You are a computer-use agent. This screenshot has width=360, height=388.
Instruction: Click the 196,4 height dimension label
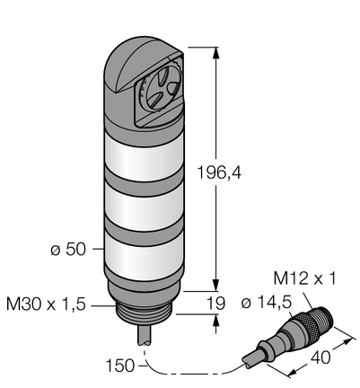click(x=219, y=172)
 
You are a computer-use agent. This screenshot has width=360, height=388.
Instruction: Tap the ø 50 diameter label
click(x=68, y=249)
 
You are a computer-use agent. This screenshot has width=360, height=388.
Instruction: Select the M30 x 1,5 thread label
click(x=46, y=305)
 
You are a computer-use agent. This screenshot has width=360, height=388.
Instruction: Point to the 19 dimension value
click(x=215, y=304)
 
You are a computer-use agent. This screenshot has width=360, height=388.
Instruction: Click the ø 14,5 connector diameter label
click(x=267, y=304)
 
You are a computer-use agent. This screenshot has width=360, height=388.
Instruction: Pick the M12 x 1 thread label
click(x=305, y=278)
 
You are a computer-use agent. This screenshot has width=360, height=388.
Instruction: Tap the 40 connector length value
click(x=320, y=357)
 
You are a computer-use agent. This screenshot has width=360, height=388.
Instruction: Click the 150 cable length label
click(x=120, y=366)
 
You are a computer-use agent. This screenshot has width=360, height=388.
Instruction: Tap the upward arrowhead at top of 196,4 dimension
click(x=215, y=53)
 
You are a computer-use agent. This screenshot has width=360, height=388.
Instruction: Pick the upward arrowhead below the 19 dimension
click(x=215, y=321)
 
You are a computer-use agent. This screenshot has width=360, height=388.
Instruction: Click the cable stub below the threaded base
click(x=146, y=335)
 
